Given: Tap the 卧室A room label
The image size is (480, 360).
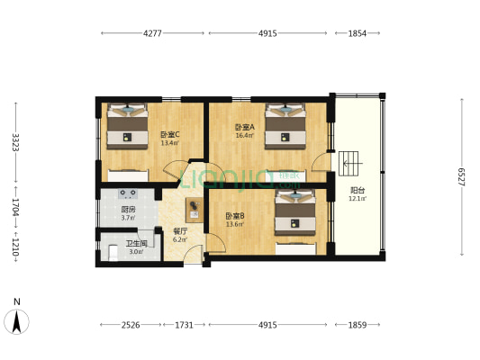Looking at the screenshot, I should coord(244,127).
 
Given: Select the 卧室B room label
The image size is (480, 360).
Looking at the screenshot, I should coord(235,216).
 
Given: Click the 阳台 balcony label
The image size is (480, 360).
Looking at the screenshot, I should coord(358,190).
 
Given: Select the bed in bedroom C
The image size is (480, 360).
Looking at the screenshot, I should coord(126,127).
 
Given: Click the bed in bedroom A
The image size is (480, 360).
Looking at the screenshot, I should coord(285,124).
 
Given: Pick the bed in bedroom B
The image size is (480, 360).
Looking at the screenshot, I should coord(296,213).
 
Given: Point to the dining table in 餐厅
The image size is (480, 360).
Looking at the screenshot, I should coord(194,211).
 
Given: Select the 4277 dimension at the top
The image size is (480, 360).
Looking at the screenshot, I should coord(151,33).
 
